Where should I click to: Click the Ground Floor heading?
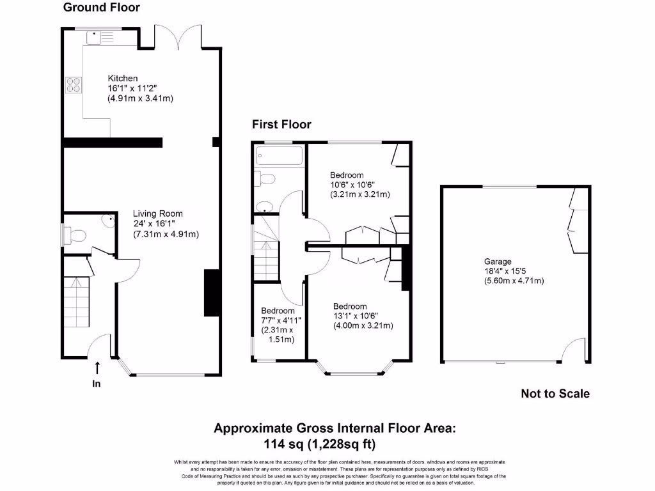(101, 8)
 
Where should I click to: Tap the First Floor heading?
(281, 124)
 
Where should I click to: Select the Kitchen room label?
(122, 78)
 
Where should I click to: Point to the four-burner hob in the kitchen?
(72, 84)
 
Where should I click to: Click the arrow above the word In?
(97, 368)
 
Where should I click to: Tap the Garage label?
(498, 261)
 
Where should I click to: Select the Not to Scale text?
(555, 394)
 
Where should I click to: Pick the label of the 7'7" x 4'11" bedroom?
(277, 311)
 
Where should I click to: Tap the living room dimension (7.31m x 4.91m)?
(166, 234)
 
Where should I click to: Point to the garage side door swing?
(576, 350)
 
